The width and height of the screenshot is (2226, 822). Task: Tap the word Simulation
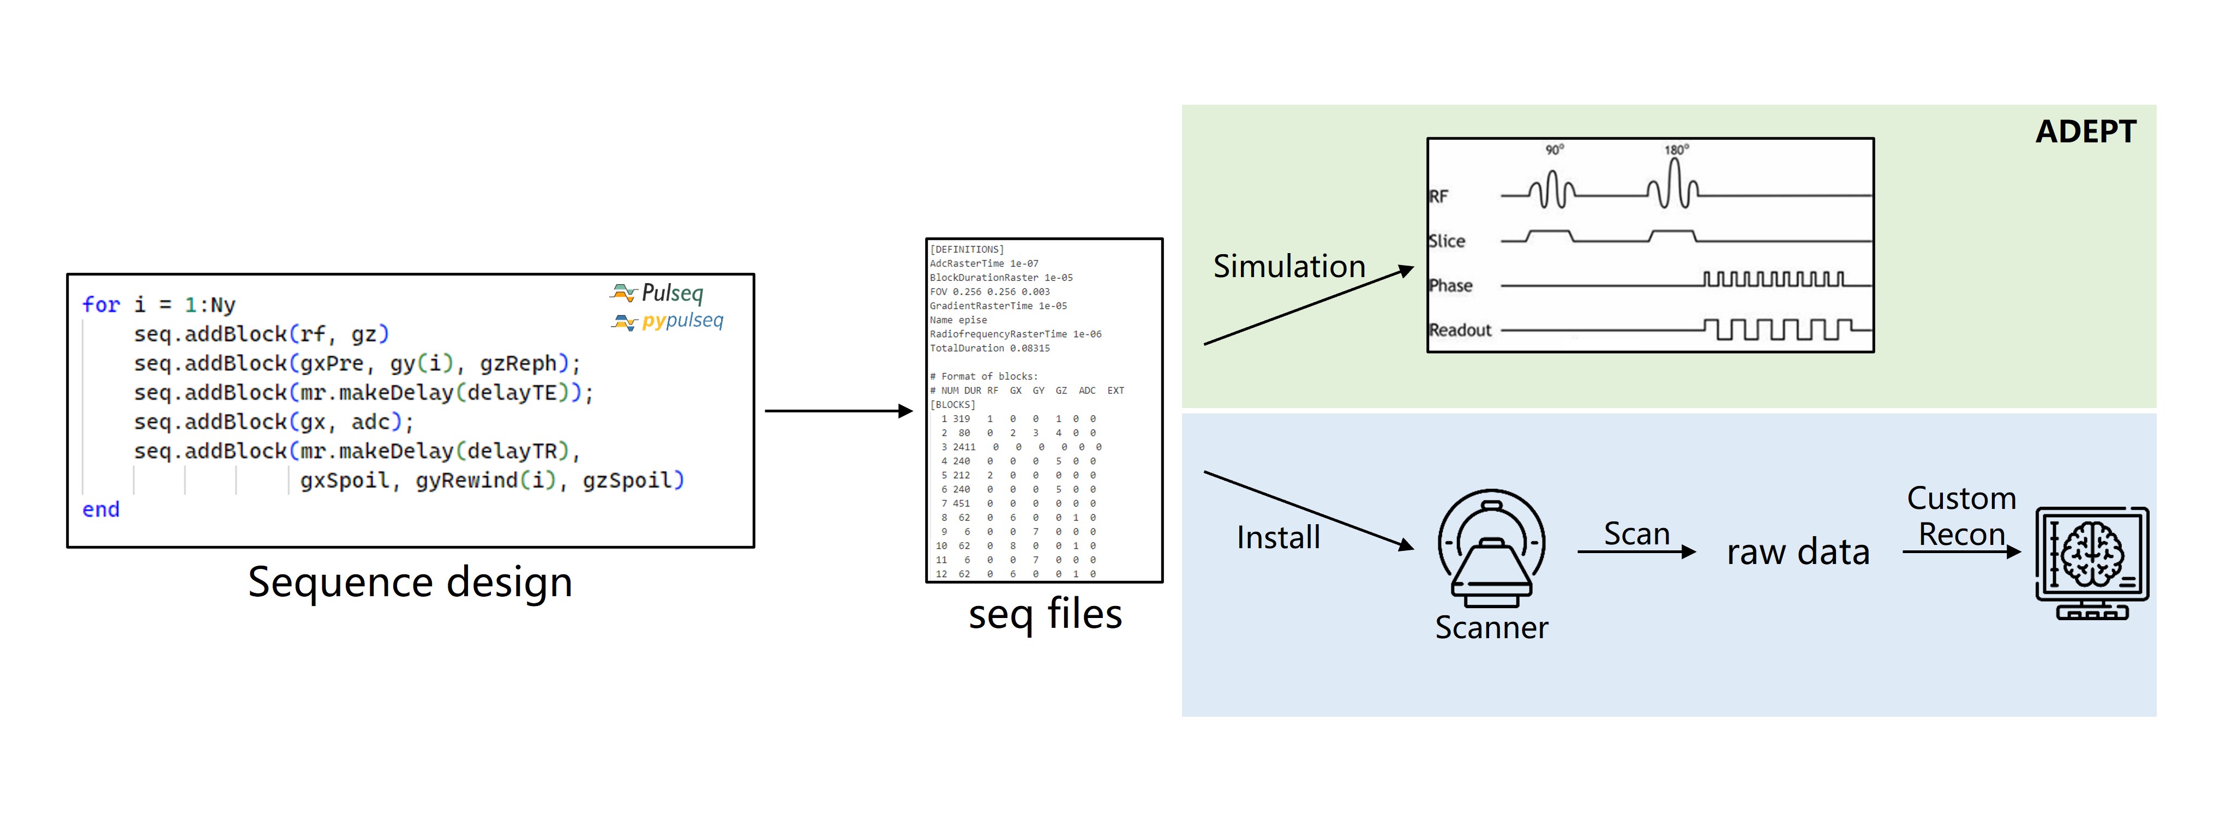click(1288, 266)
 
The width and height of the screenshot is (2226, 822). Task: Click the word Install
click(1278, 538)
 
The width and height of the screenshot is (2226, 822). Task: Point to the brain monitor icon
click(2092, 562)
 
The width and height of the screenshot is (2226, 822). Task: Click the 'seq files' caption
click(1045, 615)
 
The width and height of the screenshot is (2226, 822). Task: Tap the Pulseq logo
click(658, 293)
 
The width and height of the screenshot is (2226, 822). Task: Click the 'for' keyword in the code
click(100, 305)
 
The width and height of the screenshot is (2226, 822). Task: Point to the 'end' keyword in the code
click(100, 510)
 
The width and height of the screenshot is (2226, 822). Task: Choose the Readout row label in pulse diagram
click(1460, 330)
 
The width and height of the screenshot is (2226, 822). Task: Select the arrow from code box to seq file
click(838, 411)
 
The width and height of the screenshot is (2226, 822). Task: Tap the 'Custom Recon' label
click(1961, 517)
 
